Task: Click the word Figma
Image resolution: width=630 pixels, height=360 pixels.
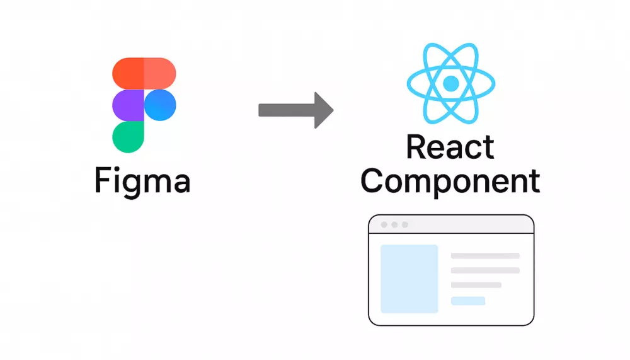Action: click(142, 181)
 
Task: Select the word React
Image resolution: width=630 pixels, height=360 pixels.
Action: click(450, 148)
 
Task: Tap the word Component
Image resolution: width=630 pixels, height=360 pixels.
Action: click(450, 181)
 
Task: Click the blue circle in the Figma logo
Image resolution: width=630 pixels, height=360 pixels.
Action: click(160, 105)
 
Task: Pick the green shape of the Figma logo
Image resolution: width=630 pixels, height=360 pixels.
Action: click(128, 137)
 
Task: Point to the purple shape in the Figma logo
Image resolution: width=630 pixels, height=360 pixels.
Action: click(128, 105)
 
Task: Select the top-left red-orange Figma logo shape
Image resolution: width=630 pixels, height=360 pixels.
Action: click(129, 73)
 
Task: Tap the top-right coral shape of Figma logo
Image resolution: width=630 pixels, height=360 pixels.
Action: click(160, 73)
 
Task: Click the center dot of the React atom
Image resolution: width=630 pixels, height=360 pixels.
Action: click(450, 83)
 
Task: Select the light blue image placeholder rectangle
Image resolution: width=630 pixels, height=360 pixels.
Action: click(409, 279)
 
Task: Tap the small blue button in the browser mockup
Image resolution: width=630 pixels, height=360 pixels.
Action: click(468, 301)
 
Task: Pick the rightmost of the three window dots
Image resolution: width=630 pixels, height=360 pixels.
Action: click(405, 224)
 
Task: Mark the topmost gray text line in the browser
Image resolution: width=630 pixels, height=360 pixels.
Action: click(485, 256)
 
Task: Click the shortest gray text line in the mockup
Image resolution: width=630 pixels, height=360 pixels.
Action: click(476, 285)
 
